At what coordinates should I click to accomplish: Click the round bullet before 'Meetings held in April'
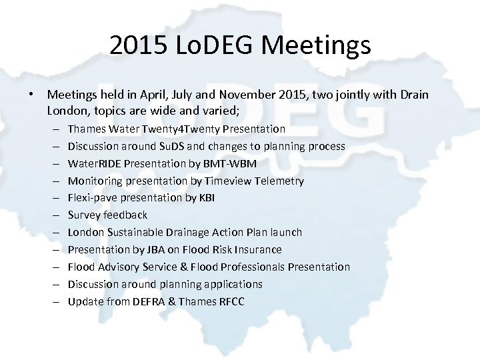pyautogui.click(x=32, y=95)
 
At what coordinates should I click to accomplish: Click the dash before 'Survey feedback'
pyautogui.click(x=53, y=215)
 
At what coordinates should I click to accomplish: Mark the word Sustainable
pyautogui.click(x=133, y=233)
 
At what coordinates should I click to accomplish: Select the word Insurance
pyautogui.click(x=257, y=249)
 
